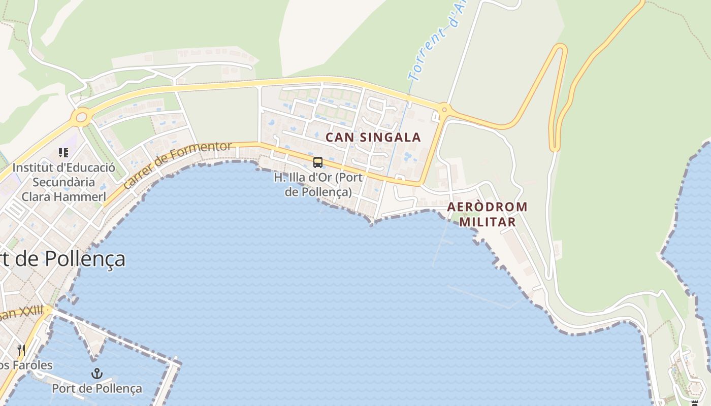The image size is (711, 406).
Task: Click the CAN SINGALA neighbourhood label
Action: coord(373,137)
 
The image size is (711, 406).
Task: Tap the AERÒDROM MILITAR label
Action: coord(487,214)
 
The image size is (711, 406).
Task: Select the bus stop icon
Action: coord(318,162)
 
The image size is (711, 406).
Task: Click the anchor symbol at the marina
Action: coord(96,374)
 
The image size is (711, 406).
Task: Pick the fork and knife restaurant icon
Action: coord(21,350)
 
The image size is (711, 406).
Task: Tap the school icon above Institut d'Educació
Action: coord(63,152)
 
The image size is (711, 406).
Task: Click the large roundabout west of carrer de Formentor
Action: coord(81,118)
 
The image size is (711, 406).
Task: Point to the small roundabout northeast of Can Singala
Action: coord(444,109)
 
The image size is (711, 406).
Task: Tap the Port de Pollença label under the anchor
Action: coord(97,389)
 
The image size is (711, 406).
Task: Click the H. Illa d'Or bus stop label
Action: coord(318,185)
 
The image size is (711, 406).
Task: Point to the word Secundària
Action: coord(63,182)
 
